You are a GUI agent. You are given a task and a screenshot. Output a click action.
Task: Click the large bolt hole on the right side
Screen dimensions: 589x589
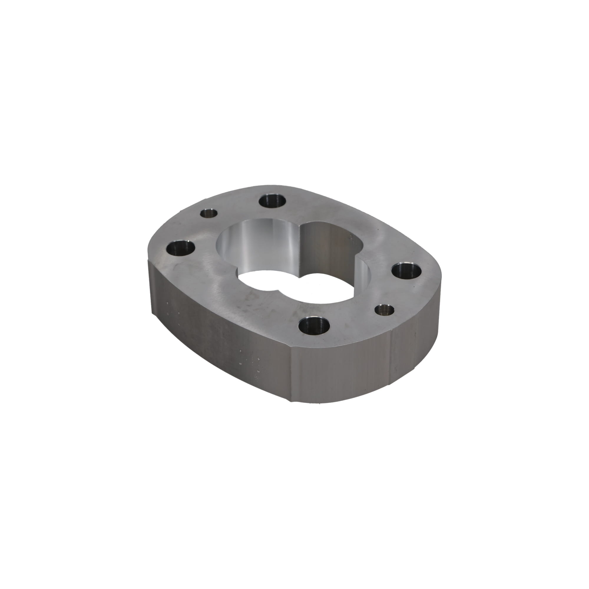coord(406,271)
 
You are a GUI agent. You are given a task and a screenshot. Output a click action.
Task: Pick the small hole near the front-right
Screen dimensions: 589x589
coord(384,310)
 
